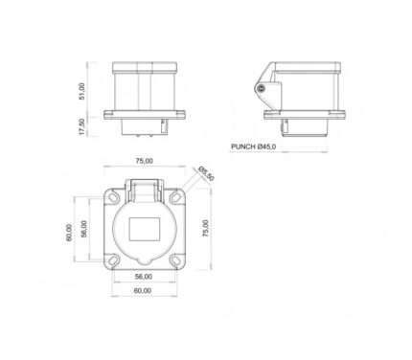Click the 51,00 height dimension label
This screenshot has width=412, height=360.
pos(82,92)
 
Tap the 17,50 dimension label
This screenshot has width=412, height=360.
pos(82,126)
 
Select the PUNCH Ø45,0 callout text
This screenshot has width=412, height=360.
pos(254,146)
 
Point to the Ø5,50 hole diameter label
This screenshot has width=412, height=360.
pos(206,174)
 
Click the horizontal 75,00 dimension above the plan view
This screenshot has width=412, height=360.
pos(145,161)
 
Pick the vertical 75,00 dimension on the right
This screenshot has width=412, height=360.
pos(206,228)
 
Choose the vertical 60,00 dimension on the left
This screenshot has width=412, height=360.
pos(69,233)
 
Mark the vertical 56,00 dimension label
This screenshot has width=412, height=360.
pos(83,229)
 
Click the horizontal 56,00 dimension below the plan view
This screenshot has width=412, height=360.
pos(144,277)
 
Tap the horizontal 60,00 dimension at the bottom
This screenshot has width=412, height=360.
pos(143,291)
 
